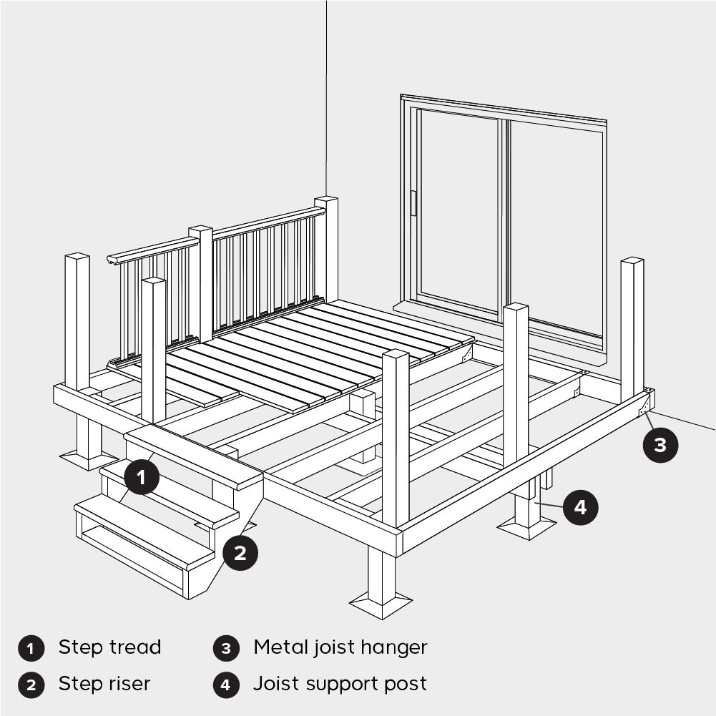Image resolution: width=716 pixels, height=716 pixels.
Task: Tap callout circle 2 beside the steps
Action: [x=240, y=552]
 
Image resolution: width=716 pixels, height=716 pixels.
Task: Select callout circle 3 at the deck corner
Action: [x=659, y=444]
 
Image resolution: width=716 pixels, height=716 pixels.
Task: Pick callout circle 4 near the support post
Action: [x=580, y=507]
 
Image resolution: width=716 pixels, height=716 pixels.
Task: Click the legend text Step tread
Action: [x=109, y=648]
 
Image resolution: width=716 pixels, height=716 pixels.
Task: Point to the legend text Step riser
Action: [x=104, y=684]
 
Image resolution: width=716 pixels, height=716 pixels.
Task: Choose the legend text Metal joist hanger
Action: [x=340, y=648]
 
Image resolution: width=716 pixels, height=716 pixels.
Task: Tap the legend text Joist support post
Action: [x=340, y=684]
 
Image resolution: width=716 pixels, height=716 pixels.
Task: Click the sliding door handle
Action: [x=413, y=203]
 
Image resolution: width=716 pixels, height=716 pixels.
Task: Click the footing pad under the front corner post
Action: [x=381, y=605]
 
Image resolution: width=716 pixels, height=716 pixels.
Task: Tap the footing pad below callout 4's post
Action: [x=527, y=530]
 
